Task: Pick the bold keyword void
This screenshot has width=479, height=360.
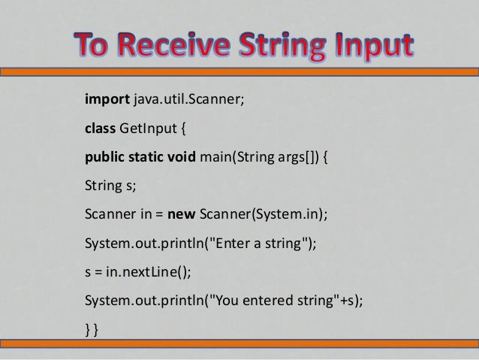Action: [x=182, y=159]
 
